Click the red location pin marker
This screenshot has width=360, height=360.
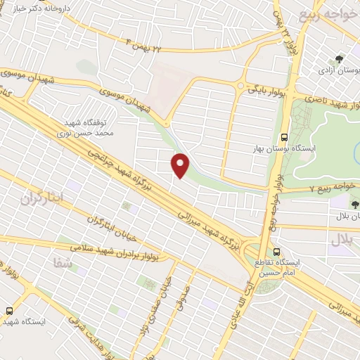coord(181,165)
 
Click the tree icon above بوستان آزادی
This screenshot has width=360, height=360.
coord(340,59)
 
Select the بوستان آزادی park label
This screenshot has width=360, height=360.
coord(335,71)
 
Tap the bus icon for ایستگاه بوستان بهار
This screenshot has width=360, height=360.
coord(284,138)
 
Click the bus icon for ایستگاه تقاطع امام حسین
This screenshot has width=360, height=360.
coord(276,251)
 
